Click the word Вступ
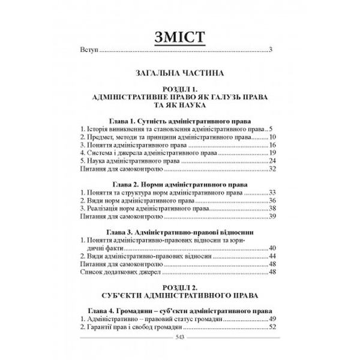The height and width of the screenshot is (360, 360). (88, 49)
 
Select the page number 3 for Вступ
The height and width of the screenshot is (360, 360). (271, 49)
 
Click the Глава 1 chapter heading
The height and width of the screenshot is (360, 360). (179, 120)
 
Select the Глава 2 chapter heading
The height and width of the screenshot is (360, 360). (179, 182)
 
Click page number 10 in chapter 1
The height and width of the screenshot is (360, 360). (272, 137)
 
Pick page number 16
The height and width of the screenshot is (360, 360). (272, 145)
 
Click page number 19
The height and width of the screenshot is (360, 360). (272, 153)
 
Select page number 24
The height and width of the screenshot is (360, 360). (272, 161)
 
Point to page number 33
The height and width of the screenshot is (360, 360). (272, 192)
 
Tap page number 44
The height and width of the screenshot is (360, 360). (272, 254)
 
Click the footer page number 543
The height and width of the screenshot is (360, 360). (179, 337)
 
